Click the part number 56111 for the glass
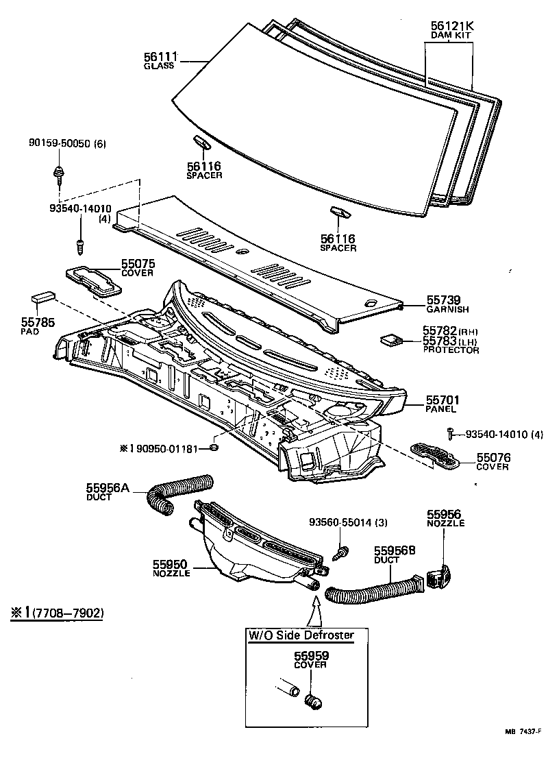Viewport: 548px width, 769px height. tap(160, 57)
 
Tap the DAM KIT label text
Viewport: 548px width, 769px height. tap(451, 36)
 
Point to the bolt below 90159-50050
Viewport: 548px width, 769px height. tap(59, 175)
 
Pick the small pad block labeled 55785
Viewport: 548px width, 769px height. tap(43, 298)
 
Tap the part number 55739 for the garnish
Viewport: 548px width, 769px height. tap(444, 300)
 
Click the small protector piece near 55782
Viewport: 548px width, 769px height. tap(391, 339)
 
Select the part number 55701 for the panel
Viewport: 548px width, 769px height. tap(443, 400)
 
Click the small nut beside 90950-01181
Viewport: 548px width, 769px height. tap(214, 447)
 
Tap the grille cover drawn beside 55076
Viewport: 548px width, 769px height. tap(435, 454)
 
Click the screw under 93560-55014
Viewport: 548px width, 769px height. tap(340, 552)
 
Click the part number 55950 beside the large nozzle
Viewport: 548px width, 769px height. tap(170, 565)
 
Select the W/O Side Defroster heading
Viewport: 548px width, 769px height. tap(301, 635)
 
